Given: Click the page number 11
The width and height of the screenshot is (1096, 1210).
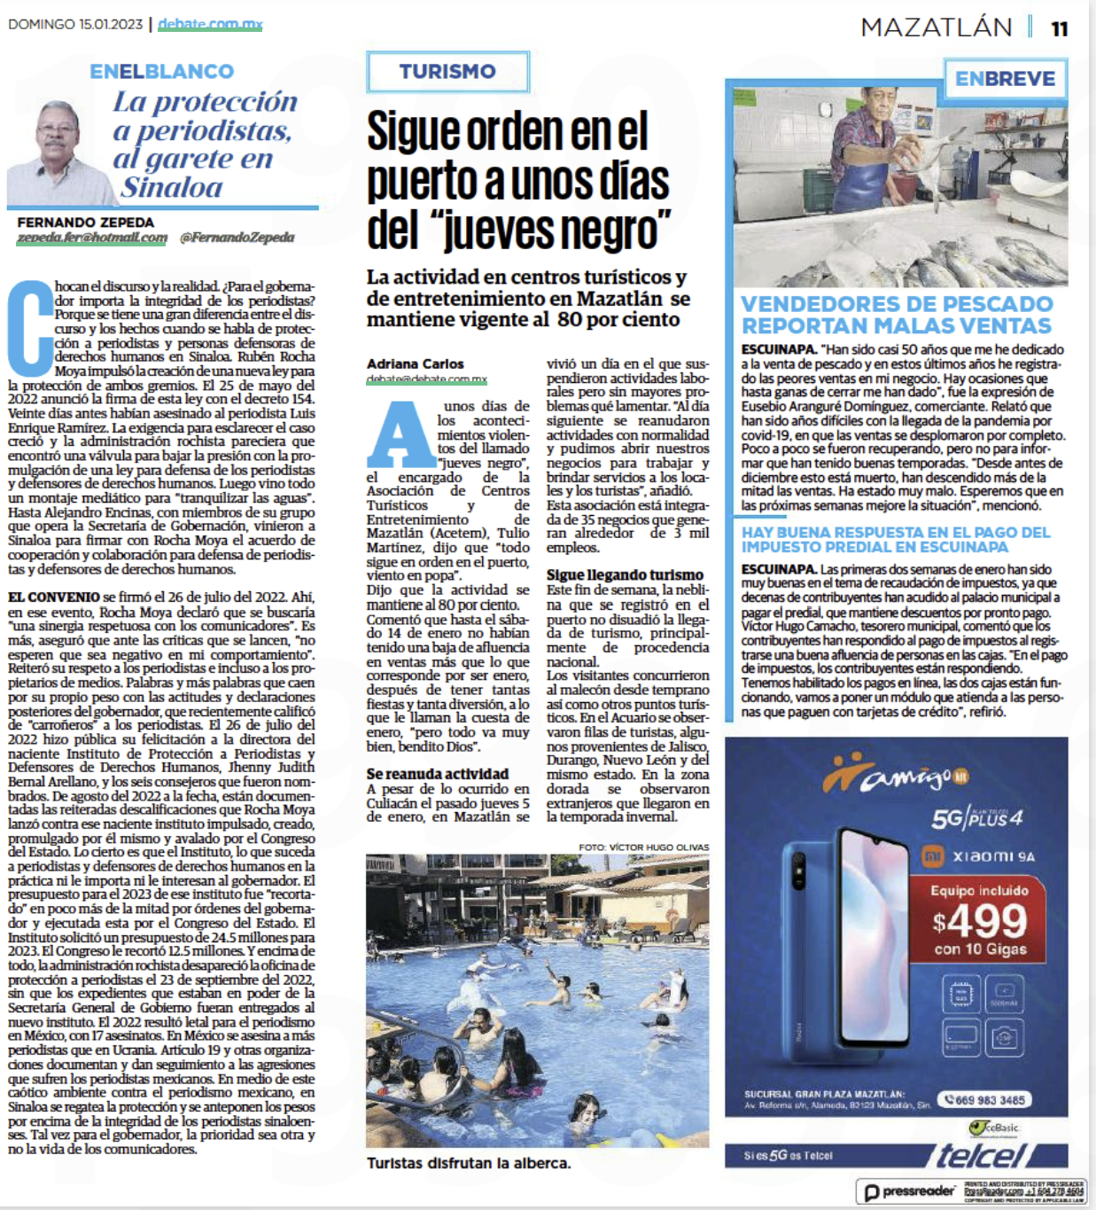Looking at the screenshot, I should (x=1059, y=28).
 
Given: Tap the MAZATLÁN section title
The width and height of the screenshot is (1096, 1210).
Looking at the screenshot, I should (x=937, y=27).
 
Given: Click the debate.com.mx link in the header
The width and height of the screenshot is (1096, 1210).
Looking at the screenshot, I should (x=210, y=25).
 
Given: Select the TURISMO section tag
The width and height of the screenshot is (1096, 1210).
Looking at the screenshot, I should (x=447, y=72).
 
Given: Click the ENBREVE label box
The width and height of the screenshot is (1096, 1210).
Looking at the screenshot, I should (x=1005, y=79).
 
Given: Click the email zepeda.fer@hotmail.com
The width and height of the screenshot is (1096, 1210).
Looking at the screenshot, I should (x=92, y=238).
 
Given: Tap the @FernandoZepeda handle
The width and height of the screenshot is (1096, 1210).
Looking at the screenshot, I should (x=237, y=238).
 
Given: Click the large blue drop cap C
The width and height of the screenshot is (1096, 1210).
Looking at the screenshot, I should (x=30, y=328).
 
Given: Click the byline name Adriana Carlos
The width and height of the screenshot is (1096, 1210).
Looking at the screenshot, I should (x=415, y=363).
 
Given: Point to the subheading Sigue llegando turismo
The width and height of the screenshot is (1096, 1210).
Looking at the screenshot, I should (x=625, y=575).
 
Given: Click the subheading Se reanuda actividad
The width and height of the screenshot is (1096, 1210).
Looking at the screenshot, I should (x=438, y=774).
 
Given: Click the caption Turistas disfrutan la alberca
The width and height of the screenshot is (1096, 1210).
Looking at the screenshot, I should (x=469, y=1163).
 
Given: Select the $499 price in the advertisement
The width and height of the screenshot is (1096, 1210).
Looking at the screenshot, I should (x=979, y=921).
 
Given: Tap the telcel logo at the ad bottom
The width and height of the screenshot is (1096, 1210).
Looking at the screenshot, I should (x=982, y=1155).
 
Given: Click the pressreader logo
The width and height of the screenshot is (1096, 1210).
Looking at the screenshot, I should (x=910, y=1191).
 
